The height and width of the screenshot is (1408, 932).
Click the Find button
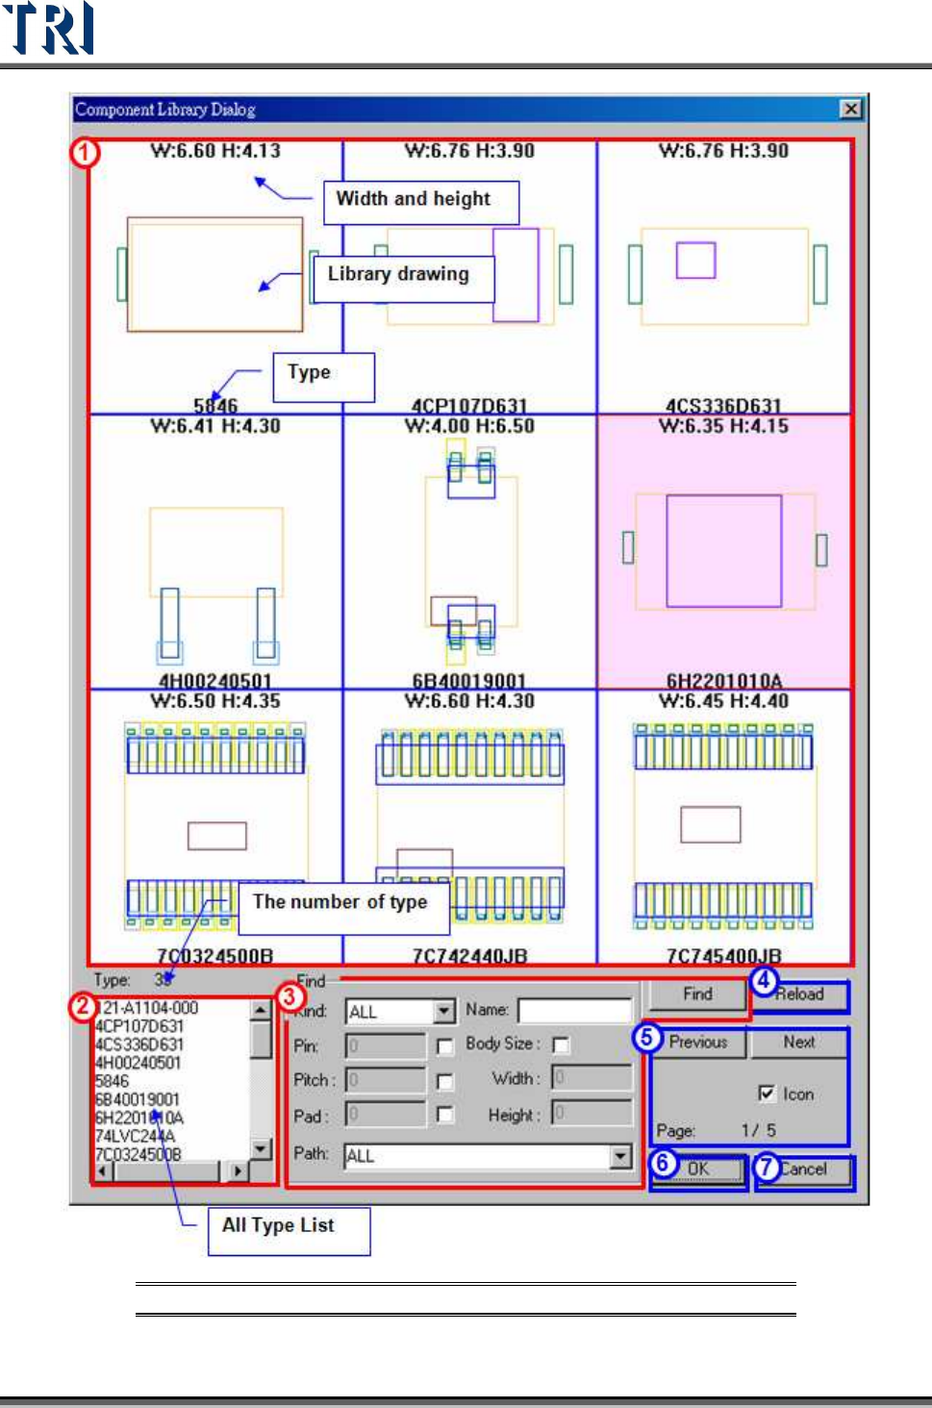pyautogui.click(x=697, y=994)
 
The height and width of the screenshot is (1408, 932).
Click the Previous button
pyautogui.click(x=698, y=1043)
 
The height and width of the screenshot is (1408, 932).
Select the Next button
pyautogui.click(x=799, y=1043)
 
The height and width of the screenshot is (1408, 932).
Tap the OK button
pyautogui.click(x=699, y=1169)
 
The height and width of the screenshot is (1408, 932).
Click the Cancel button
pyautogui.click(x=804, y=1169)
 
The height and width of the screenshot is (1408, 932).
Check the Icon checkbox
pyautogui.click(x=767, y=1094)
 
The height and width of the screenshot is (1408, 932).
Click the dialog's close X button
pyautogui.click(x=850, y=109)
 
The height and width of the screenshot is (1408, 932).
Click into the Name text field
pyautogui.click(x=574, y=1011)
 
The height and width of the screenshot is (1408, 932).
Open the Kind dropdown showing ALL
pyautogui.click(x=443, y=1012)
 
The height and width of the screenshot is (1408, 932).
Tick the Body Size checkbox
pyautogui.click(x=561, y=1044)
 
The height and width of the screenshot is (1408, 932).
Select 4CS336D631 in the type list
pyautogui.click(x=139, y=1044)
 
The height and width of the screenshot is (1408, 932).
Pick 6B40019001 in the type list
pyautogui.click(x=138, y=1099)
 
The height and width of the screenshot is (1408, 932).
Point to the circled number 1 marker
pyautogui.click(x=85, y=152)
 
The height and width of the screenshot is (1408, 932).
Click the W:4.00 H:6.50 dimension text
pyautogui.click(x=469, y=426)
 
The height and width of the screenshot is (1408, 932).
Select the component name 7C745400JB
pyautogui.click(x=723, y=956)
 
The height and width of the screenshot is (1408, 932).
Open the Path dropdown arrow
pyautogui.click(x=621, y=1156)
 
